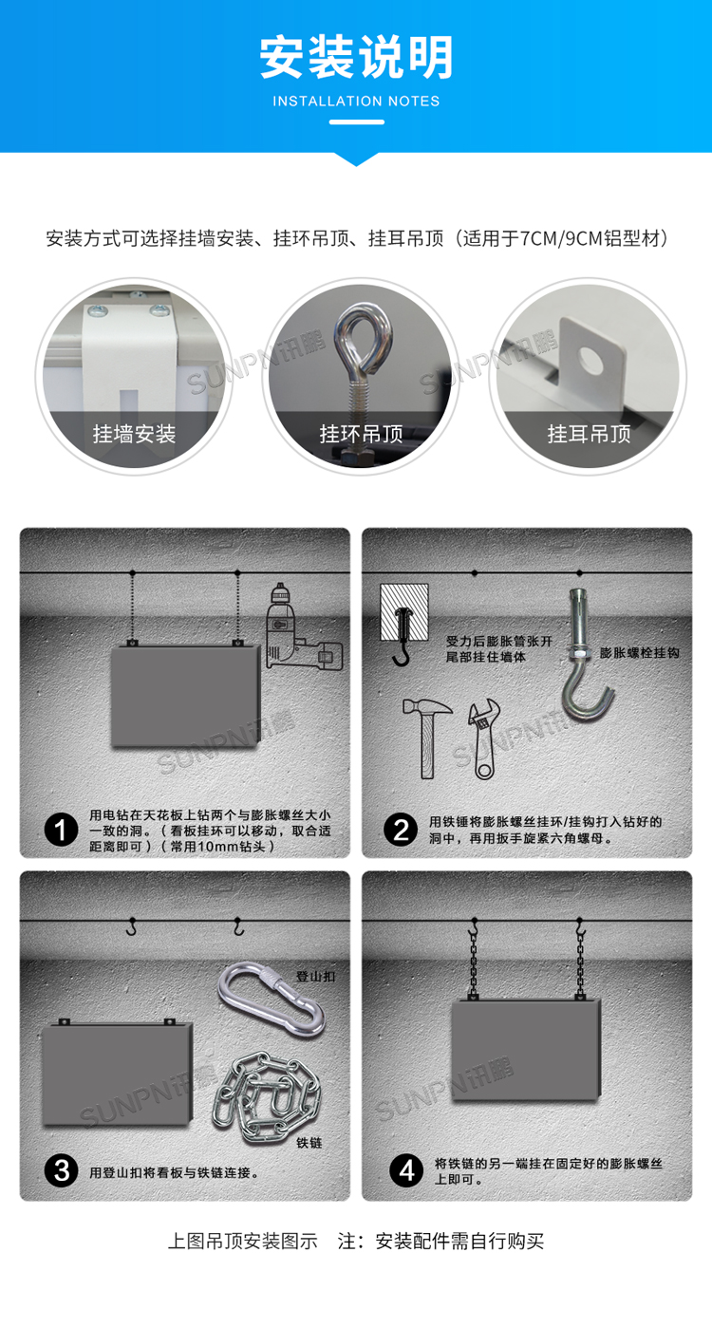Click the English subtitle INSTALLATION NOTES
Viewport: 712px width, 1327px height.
[356, 102]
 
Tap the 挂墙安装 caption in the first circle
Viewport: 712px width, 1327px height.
[135, 434]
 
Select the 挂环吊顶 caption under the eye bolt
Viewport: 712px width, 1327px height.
[362, 434]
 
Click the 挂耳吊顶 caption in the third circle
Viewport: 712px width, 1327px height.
[589, 434]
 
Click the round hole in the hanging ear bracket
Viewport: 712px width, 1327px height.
[591, 360]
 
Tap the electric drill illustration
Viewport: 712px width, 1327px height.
[302, 628]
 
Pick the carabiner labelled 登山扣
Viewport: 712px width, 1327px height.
[272, 1000]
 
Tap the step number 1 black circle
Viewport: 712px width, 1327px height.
[61, 829]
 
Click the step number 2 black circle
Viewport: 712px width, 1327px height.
[401, 830]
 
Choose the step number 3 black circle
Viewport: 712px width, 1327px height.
[61, 1170]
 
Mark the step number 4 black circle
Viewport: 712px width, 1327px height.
[406, 1170]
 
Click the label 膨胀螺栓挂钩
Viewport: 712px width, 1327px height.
[640, 653]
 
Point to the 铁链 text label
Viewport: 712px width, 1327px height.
[309, 1144]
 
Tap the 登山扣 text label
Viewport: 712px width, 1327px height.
[316, 977]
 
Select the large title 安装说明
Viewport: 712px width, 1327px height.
[357, 58]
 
